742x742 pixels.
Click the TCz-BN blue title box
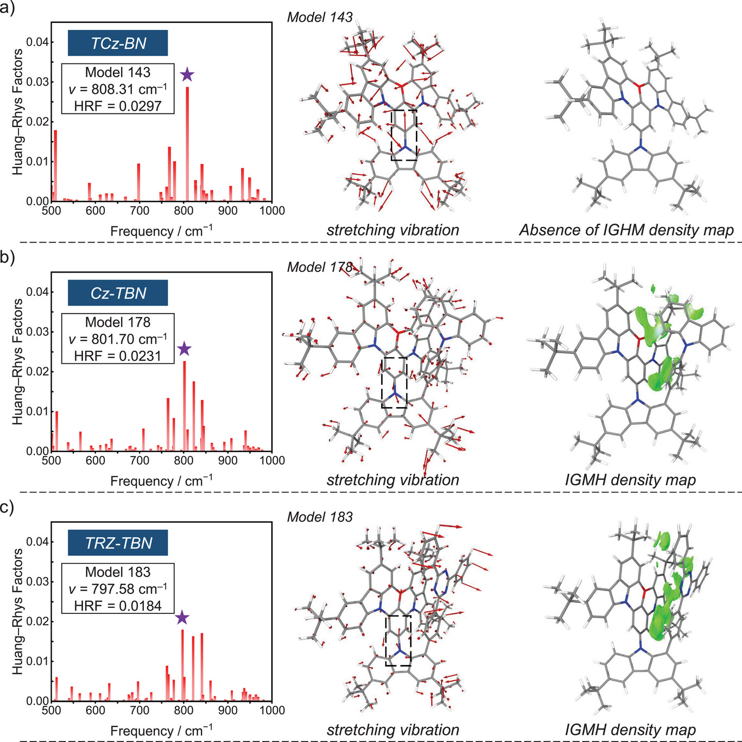click(118, 43)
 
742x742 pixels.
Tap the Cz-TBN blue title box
click(118, 293)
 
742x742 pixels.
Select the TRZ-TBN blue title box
click(118, 543)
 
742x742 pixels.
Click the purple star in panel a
click(187, 75)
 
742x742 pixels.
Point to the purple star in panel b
click(184, 349)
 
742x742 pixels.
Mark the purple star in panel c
click(182, 617)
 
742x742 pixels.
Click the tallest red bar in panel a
click(188, 144)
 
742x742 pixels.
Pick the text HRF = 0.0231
click(118, 356)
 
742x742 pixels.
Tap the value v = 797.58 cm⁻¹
click(118, 589)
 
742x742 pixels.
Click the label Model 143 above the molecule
click(320, 17)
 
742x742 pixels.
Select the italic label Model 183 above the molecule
click(320, 517)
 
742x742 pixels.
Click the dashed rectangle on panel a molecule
click(404, 135)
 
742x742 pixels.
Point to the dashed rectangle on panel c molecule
click(398, 640)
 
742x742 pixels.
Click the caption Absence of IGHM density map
click(626, 230)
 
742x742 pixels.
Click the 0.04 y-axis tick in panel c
click(37, 542)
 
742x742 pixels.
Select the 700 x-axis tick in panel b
click(139, 460)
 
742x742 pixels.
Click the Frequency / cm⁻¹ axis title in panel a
click(161, 231)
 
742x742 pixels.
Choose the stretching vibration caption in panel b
click(392, 480)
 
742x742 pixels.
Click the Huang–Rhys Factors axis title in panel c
click(18, 611)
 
